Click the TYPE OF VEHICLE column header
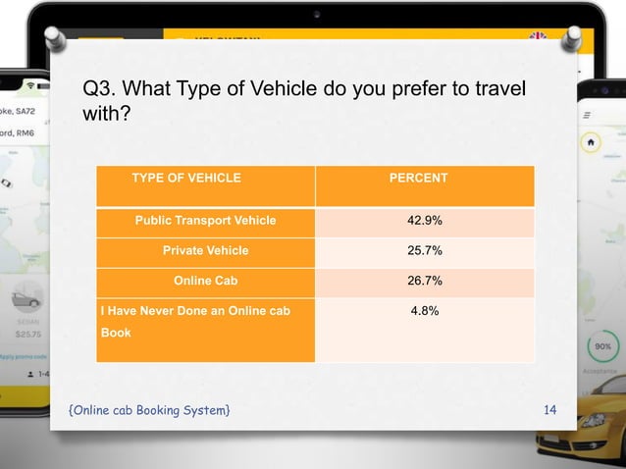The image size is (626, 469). (186, 178)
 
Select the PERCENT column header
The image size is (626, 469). (418, 178)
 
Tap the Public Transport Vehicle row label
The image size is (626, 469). (205, 220)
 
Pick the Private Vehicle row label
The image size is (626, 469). (205, 250)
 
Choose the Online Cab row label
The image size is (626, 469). (205, 281)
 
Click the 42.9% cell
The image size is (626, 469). (424, 220)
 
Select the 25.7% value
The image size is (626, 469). (424, 250)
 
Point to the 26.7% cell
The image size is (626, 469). (424, 281)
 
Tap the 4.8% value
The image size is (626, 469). (424, 311)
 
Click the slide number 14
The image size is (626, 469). (549, 408)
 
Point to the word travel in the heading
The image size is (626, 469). (500, 90)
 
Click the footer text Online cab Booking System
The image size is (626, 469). (150, 408)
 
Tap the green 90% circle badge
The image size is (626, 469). (603, 347)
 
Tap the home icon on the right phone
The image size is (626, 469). (592, 141)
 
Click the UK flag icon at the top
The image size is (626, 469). (538, 37)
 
